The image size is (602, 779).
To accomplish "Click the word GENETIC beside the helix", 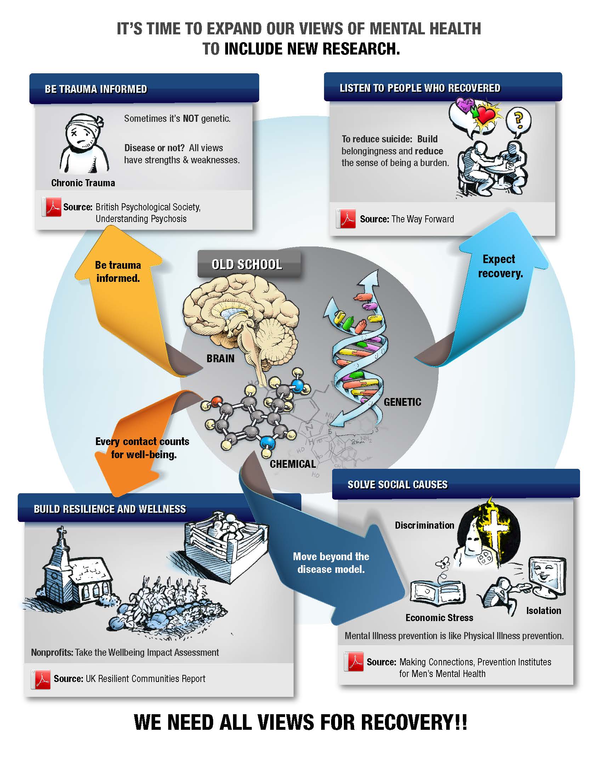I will tap(402, 402).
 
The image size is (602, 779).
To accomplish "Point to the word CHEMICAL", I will tap(293, 464).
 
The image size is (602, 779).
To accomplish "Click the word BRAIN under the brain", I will tap(220, 358).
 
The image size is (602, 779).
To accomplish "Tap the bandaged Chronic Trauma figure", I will tap(84, 144).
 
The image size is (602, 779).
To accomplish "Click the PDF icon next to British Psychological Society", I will tap(52, 207).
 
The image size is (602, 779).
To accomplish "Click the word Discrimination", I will tap(424, 525).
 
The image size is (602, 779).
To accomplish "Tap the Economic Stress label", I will tap(439, 618).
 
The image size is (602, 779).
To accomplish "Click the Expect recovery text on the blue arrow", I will tap(500, 266).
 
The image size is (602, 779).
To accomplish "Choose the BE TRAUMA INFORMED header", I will tap(96, 89).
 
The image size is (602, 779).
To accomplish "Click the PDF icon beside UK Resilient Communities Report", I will tap(42, 678).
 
